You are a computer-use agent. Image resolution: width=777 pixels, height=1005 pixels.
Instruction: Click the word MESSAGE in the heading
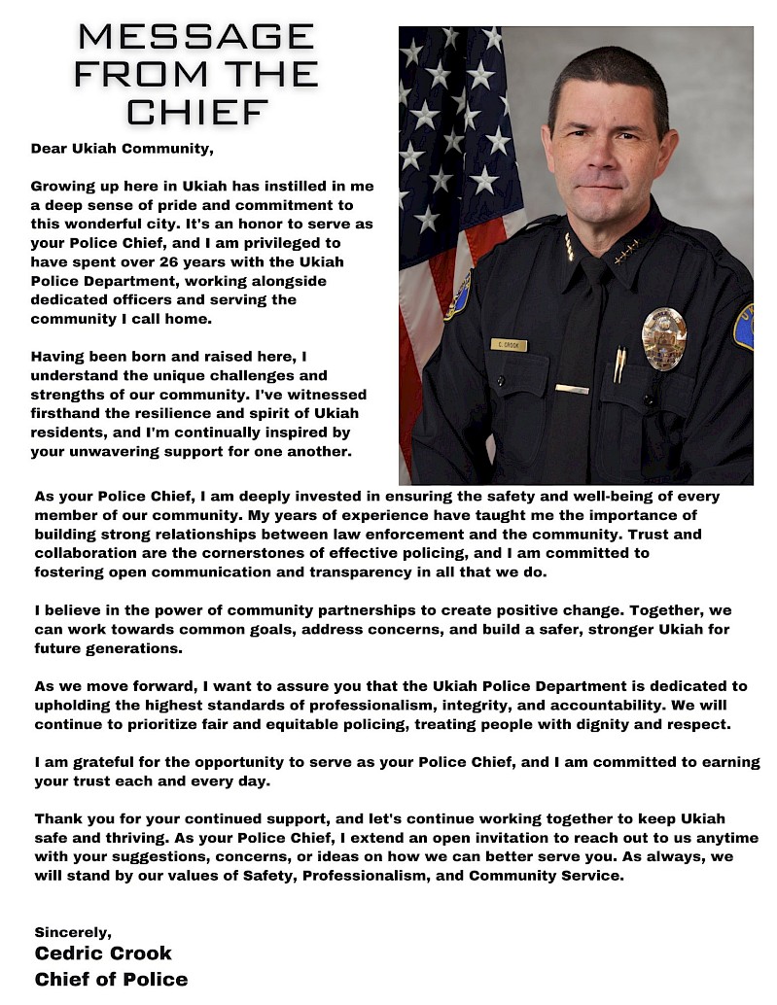(x=196, y=37)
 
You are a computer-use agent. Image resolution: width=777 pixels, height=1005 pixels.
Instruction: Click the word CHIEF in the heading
(x=196, y=111)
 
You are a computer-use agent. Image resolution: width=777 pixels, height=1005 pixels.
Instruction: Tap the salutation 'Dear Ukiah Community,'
(x=122, y=149)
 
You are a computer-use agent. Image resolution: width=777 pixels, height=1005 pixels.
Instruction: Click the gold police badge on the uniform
(x=664, y=338)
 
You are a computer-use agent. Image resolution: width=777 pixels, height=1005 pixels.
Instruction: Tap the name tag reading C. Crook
(x=508, y=344)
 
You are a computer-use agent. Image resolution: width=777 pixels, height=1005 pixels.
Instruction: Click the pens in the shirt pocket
(x=619, y=364)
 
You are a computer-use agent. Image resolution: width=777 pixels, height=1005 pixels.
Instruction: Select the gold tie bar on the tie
(x=572, y=389)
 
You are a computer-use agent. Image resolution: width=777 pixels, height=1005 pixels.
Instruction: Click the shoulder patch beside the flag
(x=458, y=295)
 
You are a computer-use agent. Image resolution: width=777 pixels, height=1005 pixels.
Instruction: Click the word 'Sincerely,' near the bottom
(x=73, y=932)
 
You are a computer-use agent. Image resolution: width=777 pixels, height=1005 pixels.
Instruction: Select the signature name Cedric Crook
(x=103, y=953)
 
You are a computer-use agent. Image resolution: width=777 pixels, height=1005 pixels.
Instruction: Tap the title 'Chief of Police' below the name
(x=111, y=979)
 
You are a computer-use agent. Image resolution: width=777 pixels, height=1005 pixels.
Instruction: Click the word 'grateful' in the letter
(x=104, y=762)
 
